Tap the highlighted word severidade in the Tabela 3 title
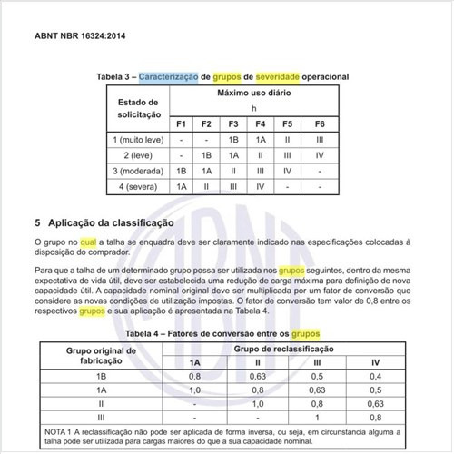click(282, 77)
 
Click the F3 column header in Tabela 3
click(233, 123)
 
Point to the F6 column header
click(320, 123)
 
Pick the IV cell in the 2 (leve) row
click(320, 154)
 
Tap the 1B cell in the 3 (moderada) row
click(181, 170)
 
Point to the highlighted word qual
click(87, 242)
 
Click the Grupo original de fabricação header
click(101, 355)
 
